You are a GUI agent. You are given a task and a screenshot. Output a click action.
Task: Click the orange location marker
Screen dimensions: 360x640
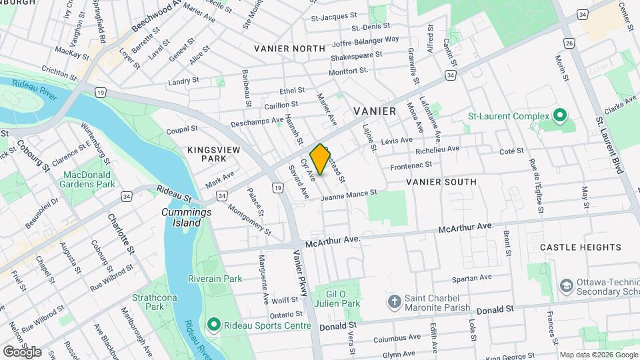[x=321, y=159]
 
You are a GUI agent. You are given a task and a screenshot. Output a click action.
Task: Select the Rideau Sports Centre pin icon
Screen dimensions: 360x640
[x=213, y=325]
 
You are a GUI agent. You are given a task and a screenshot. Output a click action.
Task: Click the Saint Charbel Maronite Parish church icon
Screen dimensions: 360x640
[x=394, y=301]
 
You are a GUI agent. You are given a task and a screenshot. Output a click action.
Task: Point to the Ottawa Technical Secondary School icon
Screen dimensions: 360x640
[x=567, y=285]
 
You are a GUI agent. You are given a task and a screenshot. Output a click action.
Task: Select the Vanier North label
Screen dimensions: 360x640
[x=289, y=49]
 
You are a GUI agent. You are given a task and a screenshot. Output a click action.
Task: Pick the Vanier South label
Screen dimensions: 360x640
[x=441, y=181]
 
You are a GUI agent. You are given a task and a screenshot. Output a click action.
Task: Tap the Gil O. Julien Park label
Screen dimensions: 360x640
[x=343, y=299]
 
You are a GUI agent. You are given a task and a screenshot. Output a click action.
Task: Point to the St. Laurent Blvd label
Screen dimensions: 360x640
[x=609, y=145]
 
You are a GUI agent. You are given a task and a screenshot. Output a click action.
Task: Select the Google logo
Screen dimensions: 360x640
[x=21, y=351]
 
